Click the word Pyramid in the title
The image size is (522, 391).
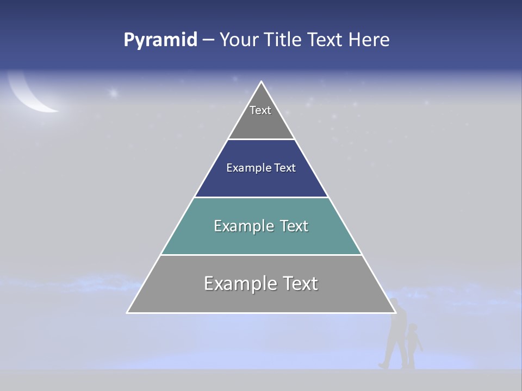160,40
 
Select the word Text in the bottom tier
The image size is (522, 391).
300,283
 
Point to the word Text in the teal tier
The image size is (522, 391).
294,226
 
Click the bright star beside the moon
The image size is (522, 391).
113,93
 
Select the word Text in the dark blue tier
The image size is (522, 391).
285,168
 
